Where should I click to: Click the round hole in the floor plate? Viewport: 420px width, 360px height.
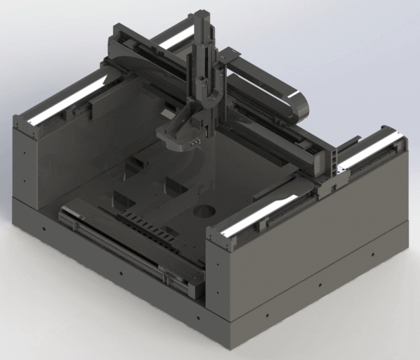coord(204,210)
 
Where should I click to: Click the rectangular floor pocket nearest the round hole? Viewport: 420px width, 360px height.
coord(173,187)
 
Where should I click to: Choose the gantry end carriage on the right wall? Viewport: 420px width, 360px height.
coord(330,183)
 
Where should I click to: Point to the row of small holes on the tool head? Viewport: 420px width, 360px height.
coord(194,141)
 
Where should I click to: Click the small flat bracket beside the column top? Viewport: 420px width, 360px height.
coord(228,55)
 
